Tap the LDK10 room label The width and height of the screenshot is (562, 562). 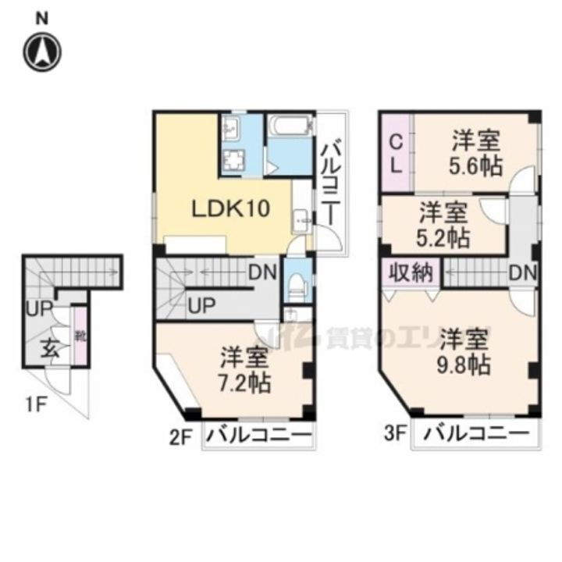tap(232, 208)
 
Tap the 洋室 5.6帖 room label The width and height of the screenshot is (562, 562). tap(475, 154)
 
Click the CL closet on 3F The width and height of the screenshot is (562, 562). tap(397, 153)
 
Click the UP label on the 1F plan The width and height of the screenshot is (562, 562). tap(37, 309)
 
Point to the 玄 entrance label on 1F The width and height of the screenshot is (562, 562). tap(49, 348)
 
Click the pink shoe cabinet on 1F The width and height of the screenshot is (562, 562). tap(80, 336)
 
